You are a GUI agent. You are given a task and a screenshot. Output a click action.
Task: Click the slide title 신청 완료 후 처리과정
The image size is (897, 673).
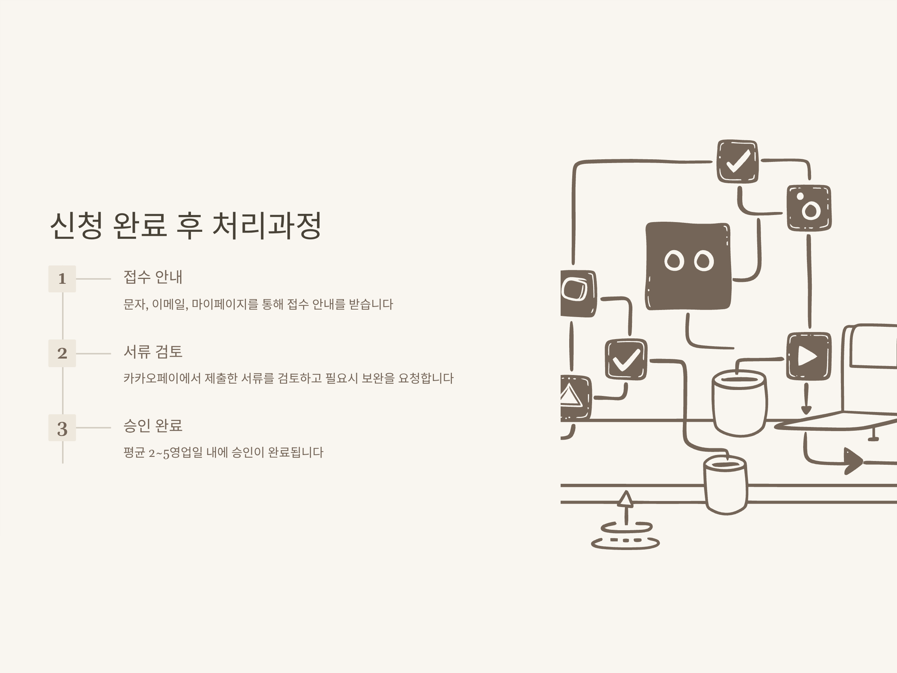[x=186, y=225]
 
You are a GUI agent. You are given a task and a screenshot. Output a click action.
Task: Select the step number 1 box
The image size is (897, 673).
[x=62, y=279]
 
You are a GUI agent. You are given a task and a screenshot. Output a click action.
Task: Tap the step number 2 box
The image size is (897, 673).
[x=62, y=353]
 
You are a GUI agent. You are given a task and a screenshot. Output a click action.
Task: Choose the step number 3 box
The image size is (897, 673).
[x=62, y=428]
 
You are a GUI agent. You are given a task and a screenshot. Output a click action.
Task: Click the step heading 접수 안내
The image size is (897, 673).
[x=153, y=277]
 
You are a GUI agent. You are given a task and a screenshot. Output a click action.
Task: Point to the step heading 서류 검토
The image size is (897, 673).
[x=153, y=352]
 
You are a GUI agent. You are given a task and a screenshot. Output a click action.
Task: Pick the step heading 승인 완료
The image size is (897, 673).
[x=153, y=425]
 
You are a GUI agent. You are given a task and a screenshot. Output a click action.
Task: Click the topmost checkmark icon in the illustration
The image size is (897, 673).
[x=737, y=162]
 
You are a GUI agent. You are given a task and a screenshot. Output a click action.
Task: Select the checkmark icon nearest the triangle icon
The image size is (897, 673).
[x=626, y=360]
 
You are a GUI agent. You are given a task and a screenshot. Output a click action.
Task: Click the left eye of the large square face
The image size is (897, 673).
[x=674, y=261]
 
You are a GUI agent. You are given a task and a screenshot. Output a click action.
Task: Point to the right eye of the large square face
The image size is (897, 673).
[x=703, y=261]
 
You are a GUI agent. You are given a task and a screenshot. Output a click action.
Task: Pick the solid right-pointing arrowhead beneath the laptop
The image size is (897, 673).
[x=853, y=461]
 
